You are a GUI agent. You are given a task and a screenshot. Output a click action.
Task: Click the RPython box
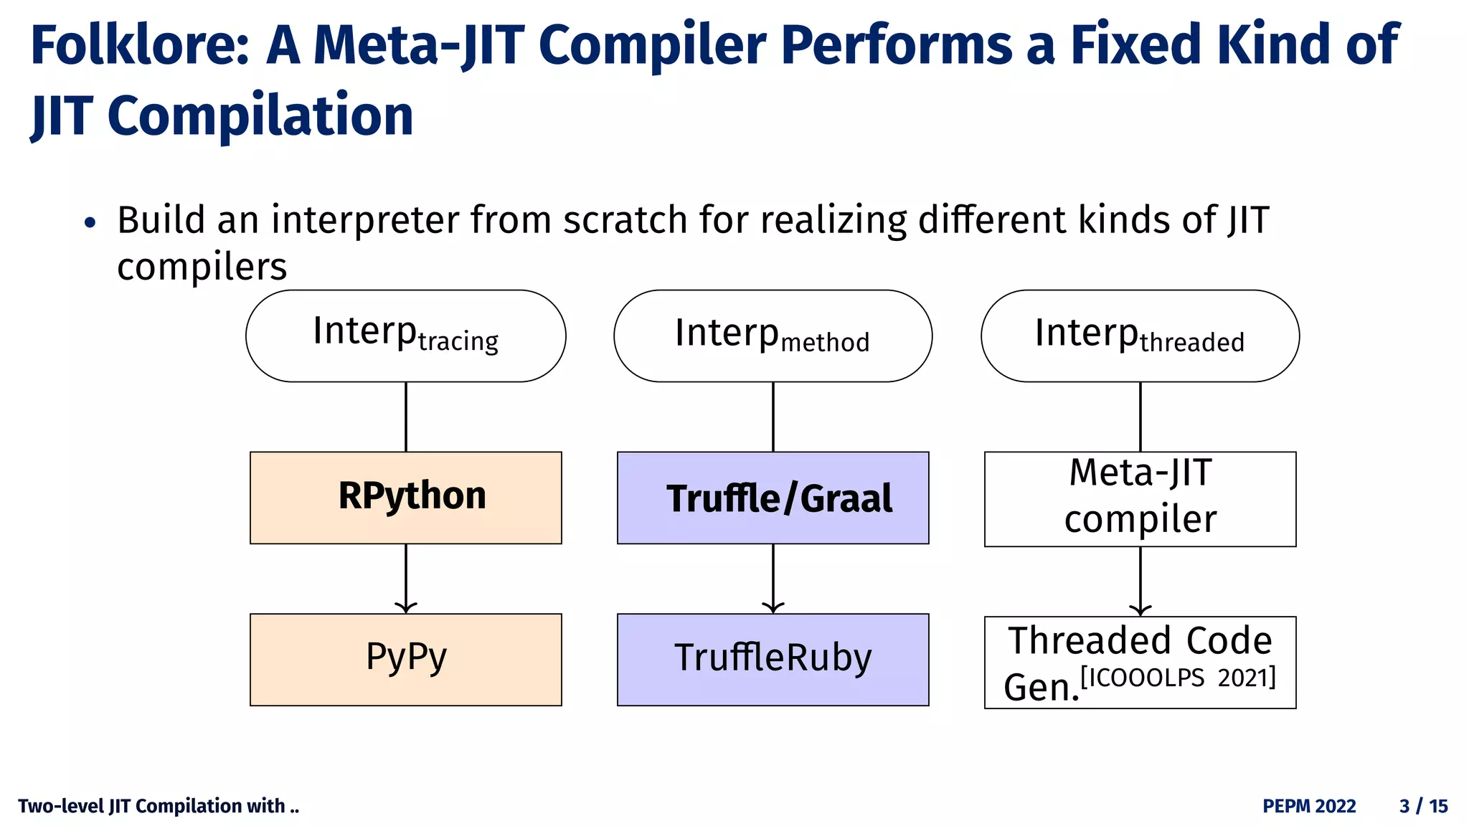pyautogui.click(x=406, y=498)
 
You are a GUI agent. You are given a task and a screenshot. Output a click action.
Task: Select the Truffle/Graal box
pyautogui.click(x=773, y=498)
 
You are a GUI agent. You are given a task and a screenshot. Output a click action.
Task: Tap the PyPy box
pyautogui.click(x=406, y=659)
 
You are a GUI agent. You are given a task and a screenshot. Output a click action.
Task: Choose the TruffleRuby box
pyautogui.click(x=773, y=659)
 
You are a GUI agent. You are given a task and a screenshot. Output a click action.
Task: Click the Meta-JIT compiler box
pyautogui.click(x=1140, y=498)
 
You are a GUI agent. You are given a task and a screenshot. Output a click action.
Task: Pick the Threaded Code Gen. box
pyautogui.click(x=1140, y=662)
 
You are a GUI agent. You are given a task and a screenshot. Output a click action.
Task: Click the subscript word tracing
pyautogui.click(x=458, y=341)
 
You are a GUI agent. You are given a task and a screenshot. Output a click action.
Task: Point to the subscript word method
pyautogui.click(x=825, y=343)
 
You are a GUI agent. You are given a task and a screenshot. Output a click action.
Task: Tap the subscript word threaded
pyautogui.click(x=1192, y=343)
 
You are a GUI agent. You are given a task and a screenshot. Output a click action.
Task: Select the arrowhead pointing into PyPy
pyautogui.click(x=406, y=608)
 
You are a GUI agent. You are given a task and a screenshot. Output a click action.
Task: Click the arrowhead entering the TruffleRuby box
pyautogui.click(x=773, y=608)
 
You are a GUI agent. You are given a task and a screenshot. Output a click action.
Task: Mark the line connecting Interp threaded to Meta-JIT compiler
pyautogui.click(x=1140, y=417)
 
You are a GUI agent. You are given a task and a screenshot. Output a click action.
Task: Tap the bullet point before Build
pyautogui.click(x=90, y=223)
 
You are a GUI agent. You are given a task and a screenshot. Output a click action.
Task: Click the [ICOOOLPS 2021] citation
pyautogui.click(x=1178, y=677)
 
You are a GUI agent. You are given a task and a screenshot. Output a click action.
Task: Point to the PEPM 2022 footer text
pyautogui.click(x=1309, y=806)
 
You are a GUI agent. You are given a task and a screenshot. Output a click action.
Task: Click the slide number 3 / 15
pyautogui.click(x=1423, y=806)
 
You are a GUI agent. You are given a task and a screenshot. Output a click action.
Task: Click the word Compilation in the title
pyautogui.click(x=260, y=117)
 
